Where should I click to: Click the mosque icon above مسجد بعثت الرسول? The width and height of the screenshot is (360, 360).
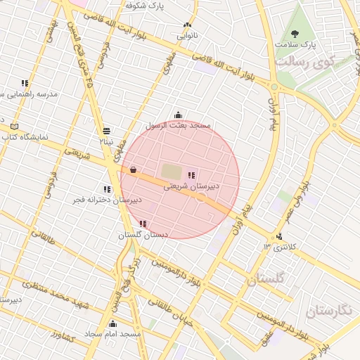pyautogui.click(x=178, y=115)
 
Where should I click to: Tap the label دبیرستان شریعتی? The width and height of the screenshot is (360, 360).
pyautogui.click(x=191, y=187)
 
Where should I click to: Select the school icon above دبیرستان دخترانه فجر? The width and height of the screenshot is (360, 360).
pyautogui.click(x=107, y=189)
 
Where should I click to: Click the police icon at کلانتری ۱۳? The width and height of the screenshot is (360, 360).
pyautogui.click(x=280, y=236)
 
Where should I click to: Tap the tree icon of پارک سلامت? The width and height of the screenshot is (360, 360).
pyautogui.click(x=295, y=33)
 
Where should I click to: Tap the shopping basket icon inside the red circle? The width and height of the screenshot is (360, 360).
pyautogui.click(x=133, y=169)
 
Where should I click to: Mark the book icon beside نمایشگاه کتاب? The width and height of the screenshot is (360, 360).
pyautogui.click(x=15, y=127)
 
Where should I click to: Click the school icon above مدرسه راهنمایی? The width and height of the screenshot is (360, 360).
pyautogui.click(x=25, y=83)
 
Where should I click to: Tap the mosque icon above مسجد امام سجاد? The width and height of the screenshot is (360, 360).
pyautogui.click(x=112, y=323)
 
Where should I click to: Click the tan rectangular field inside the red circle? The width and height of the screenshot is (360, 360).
pyautogui.click(x=171, y=171)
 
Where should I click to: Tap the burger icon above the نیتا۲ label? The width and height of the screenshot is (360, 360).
pyautogui.click(x=106, y=130)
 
